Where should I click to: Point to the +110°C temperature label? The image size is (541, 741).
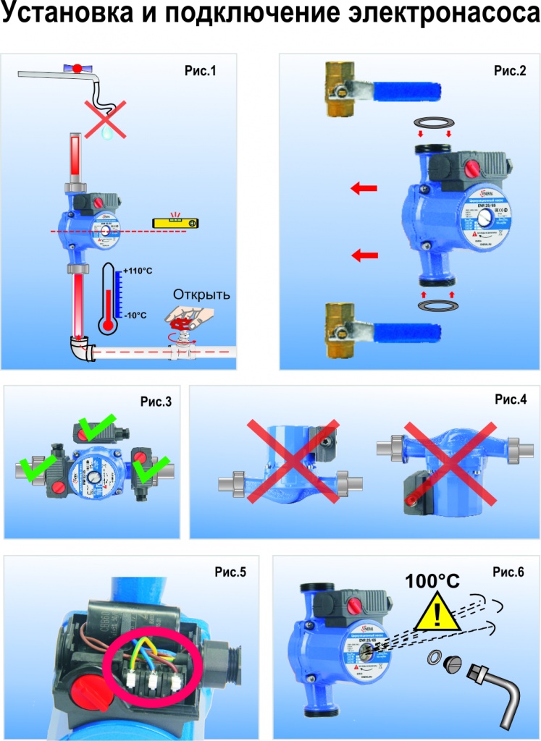137,271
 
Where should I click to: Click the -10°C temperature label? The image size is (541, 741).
135,316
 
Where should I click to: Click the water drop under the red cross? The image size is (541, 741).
106,132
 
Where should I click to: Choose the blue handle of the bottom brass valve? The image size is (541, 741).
409,334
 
